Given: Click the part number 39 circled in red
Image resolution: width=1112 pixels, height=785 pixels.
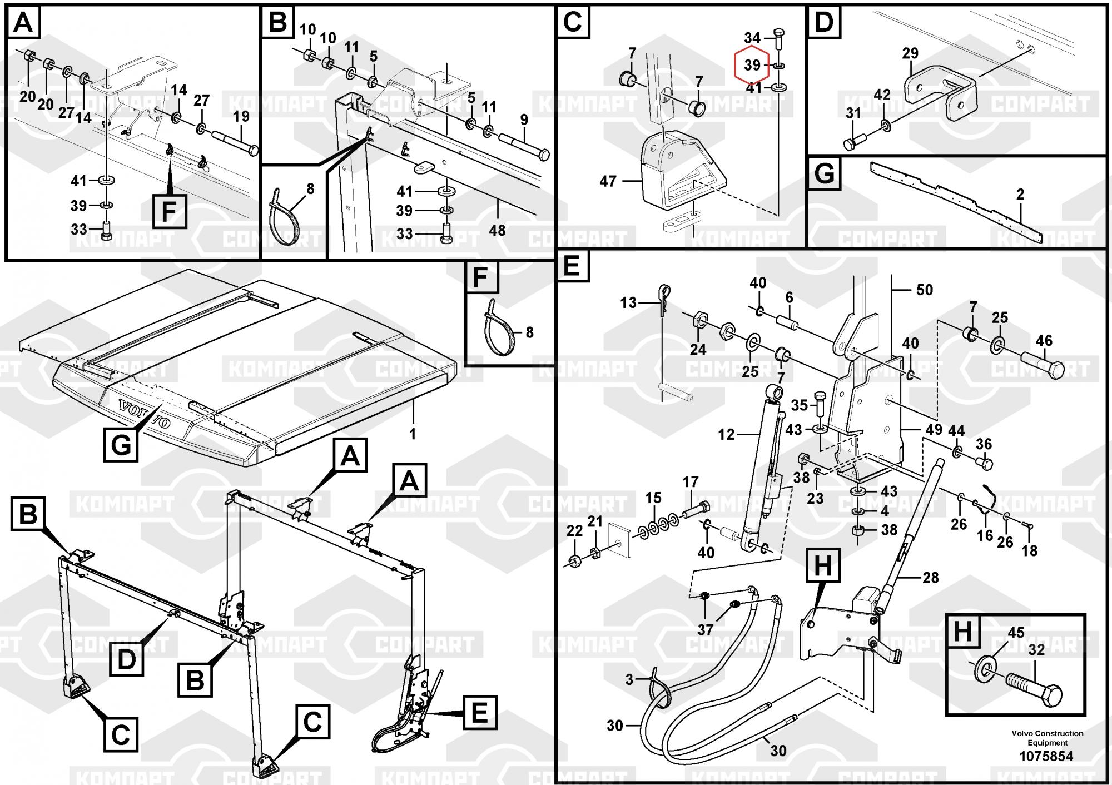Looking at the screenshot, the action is click(752, 65).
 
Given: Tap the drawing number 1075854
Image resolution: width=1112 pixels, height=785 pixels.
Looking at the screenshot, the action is click(1046, 756).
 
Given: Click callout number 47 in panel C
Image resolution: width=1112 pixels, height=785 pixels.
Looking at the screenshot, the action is click(608, 181).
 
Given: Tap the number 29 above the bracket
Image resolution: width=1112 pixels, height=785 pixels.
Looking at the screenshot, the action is click(910, 53).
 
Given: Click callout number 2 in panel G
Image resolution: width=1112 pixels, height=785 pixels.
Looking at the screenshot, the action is click(1020, 195).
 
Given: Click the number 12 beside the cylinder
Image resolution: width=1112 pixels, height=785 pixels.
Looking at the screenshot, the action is click(726, 434).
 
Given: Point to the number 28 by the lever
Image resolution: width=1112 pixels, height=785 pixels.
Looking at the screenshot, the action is click(931, 578).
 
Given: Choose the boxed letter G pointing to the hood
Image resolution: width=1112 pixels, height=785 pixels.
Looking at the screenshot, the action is click(121, 445).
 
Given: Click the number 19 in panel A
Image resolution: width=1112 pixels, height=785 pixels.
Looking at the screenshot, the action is click(241, 117).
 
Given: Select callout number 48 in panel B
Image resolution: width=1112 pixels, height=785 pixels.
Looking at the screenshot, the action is click(497, 230).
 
